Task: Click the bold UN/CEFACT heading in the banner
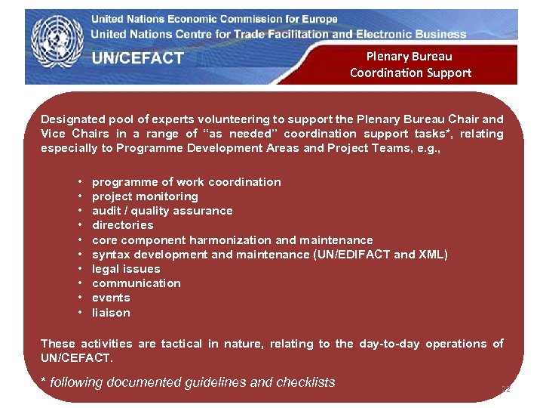pyautogui.click(x=138, y=58)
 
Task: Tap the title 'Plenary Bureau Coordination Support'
pyautogui.click(x=410, y=64)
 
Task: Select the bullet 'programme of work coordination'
pyautogui.click(x=186, y=182)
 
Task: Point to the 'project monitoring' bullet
pyautogui.click(x=145, y=196)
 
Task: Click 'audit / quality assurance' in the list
pyautogui.click(x=162, y=211)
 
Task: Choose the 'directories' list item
pyautogui.click(x=122, y=225)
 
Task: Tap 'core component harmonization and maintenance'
pyautogui.click(x=232, y=240)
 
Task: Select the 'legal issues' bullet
pyautogui.click(x=126, y=269)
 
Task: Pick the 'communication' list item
pyautogui.click(x=137, y=283)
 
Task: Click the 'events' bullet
pyautogui.click(x=111, y=298)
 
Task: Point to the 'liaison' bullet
pyautogui.click(x=111, y=313)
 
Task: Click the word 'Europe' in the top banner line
pyautogui.click(x=318, y=19)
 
